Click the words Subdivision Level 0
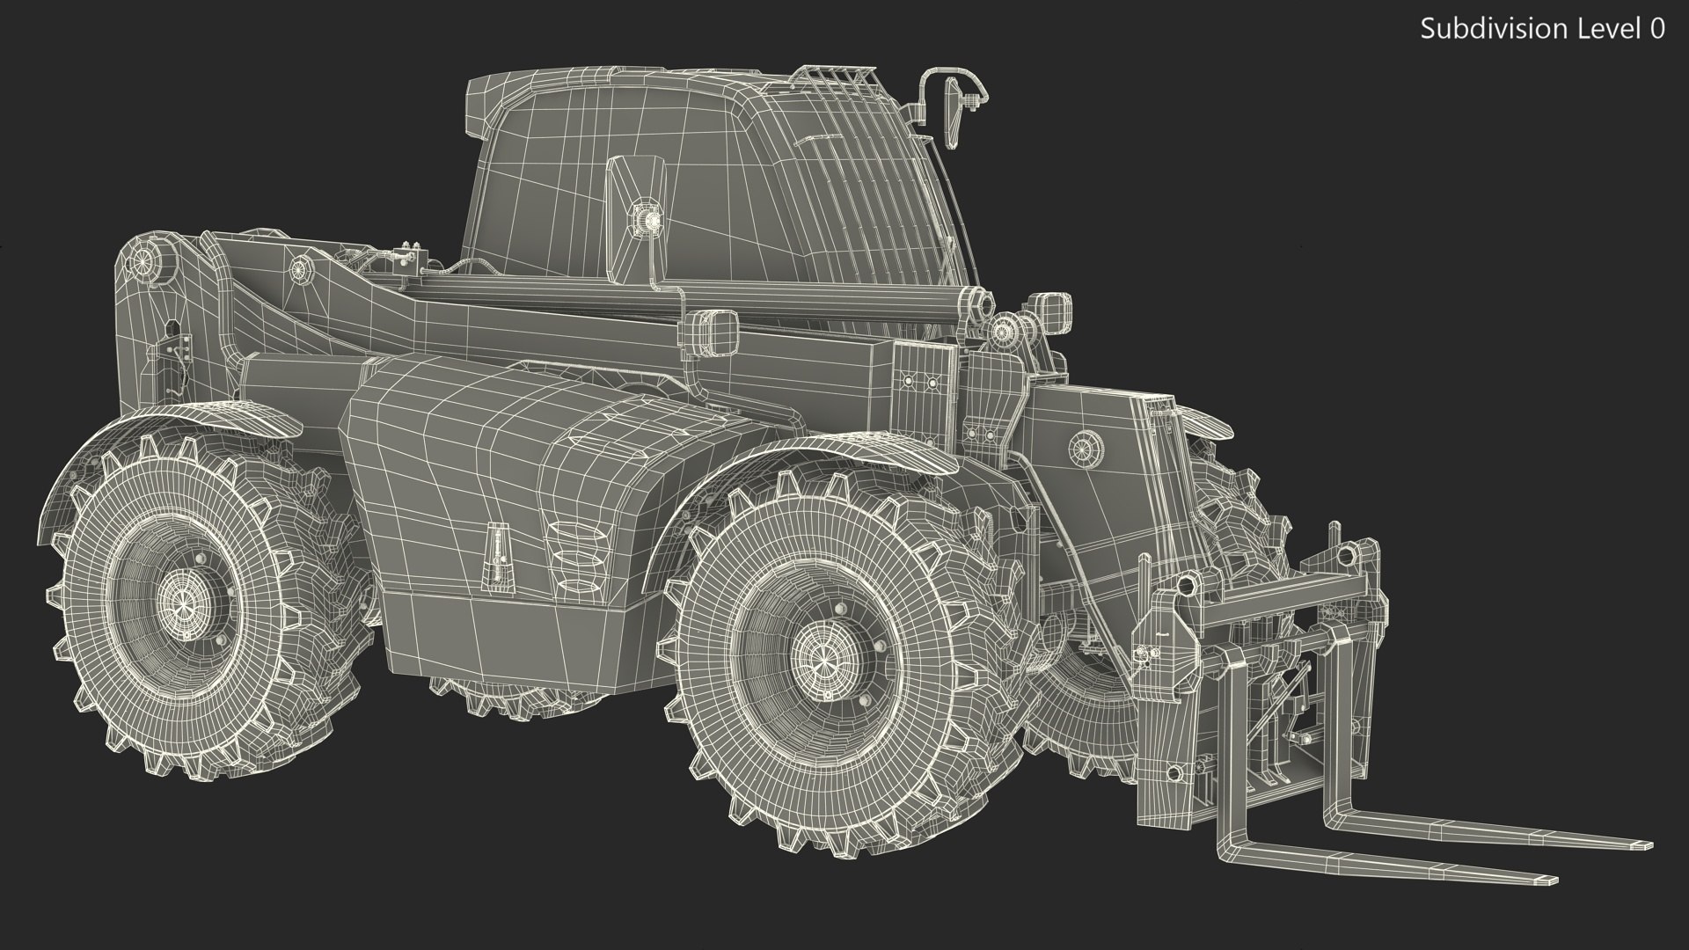(x=1542, y=29)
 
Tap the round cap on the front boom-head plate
(x=1085, y=449)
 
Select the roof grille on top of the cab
(x=836, y=84)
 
